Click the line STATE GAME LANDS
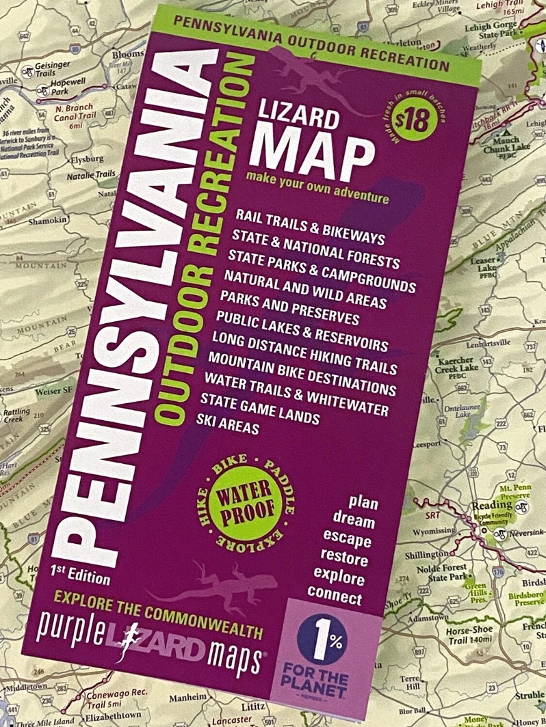point(260,408)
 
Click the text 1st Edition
point(79,573)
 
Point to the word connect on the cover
point(335,595)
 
